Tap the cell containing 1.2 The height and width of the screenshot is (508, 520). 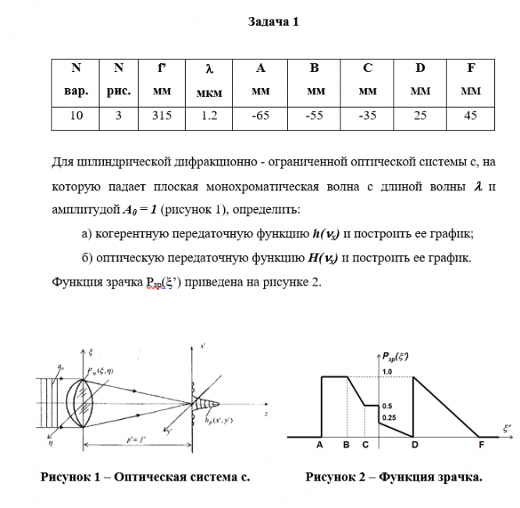pos(209,115)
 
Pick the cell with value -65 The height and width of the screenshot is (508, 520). pos(261,115)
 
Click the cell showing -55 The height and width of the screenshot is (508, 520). pos(314,115)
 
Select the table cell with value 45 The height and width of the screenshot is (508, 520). pos(470,115)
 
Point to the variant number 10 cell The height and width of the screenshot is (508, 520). pos(76,115)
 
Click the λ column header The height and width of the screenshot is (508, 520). pos(209,80)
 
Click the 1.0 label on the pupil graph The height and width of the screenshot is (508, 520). pos(387,372)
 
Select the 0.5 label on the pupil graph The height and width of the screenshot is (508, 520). pos(387,407)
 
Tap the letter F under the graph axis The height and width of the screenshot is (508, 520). pos(481,445)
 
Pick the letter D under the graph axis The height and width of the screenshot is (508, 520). pos(414,445)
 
